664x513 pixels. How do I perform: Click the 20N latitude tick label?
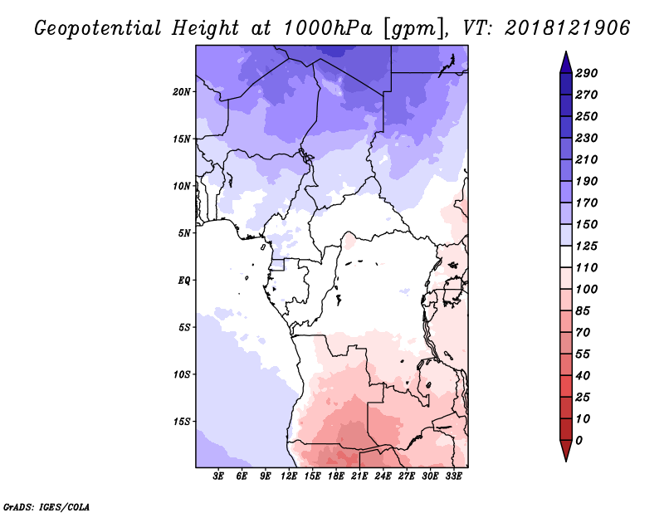click(182, 92)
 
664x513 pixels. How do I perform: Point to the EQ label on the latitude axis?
click(184, 281)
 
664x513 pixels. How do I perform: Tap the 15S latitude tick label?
click(182, 422)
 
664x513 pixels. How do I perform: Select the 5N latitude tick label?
click(184, 233)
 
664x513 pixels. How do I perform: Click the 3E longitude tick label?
click(218, 476)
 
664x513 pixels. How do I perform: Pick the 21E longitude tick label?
click(359, 476)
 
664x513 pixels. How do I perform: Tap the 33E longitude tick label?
click(453, 476)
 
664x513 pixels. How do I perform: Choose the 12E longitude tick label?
click(289, 476)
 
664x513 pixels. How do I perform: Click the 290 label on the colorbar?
click(587, 73)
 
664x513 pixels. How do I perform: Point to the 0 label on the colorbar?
click(579, 441)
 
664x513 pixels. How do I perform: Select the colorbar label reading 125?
click(587, 246)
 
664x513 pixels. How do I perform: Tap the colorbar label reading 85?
click(583, 311)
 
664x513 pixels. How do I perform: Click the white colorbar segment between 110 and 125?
click(566, 256)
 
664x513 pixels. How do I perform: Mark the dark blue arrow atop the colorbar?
click(566, 62)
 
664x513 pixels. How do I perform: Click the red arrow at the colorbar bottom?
click(566, 451)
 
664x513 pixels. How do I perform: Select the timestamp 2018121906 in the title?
click(568, 28)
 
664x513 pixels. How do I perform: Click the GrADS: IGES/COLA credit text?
click(46, 507)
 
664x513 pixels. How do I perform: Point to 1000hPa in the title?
click(327, 28)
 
